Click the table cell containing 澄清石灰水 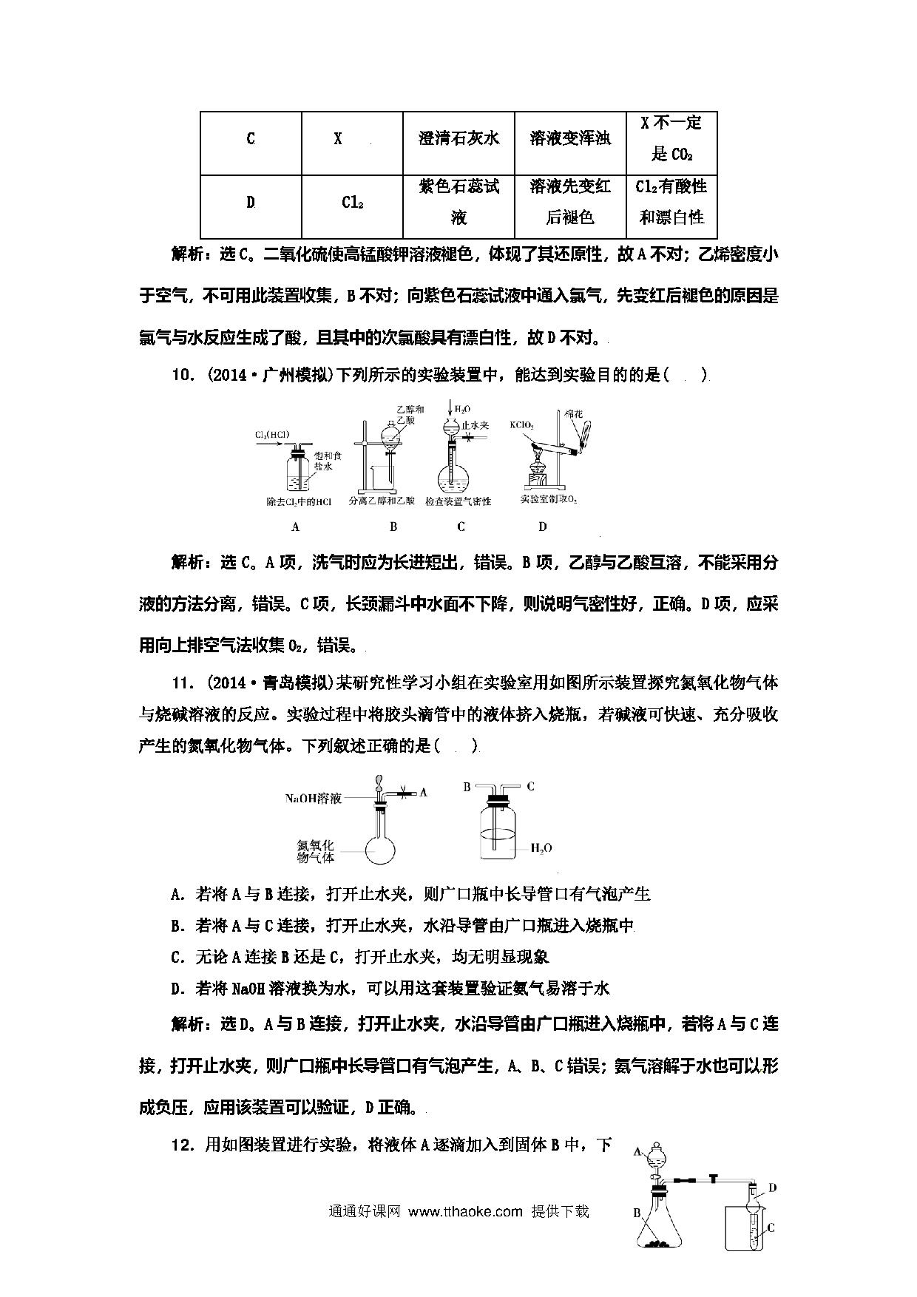pos(458,139)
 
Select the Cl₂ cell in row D pos(352,202)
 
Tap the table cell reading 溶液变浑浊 pos(569,139)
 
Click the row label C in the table pos(251,139)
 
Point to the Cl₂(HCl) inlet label pos(273,435)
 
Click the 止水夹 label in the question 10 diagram pos(475,425)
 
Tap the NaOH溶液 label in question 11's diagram pos(314,799)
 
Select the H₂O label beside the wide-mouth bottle pos(541,847)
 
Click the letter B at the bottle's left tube pos(467,787)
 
